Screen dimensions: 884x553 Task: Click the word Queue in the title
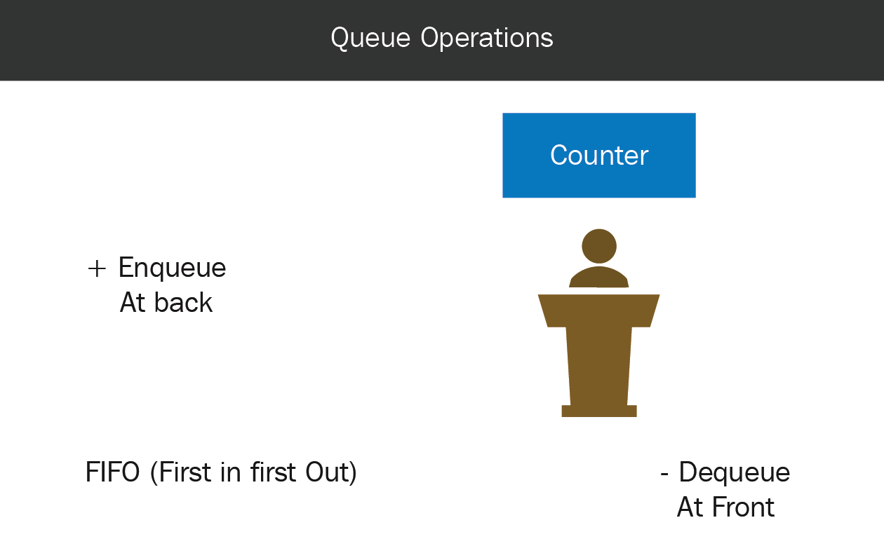pos(370,39)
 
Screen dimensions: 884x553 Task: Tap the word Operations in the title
pos(487,39)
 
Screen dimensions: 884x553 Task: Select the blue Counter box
pos(599,156)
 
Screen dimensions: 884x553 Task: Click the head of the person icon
pos(599,246)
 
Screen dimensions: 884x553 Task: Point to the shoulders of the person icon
pos(598,277)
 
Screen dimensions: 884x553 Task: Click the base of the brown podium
pos(599,411)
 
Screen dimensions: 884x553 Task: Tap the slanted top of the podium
pos(598,310)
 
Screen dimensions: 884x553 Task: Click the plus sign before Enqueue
pos(97,269)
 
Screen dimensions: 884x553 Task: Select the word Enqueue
pos(172,268)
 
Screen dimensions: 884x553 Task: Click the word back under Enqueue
pos(184,303)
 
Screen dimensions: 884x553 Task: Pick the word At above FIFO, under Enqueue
pos(133,303)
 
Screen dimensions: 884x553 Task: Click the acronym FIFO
pos(112,472)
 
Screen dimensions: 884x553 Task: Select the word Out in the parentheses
pos(326,472)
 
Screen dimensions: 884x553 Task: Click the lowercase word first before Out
pos(273,472)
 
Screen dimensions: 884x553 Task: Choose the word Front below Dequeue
pos(743,507)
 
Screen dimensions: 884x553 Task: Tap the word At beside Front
pos(690,507)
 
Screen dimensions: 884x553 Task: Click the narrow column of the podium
pos(598,366)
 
